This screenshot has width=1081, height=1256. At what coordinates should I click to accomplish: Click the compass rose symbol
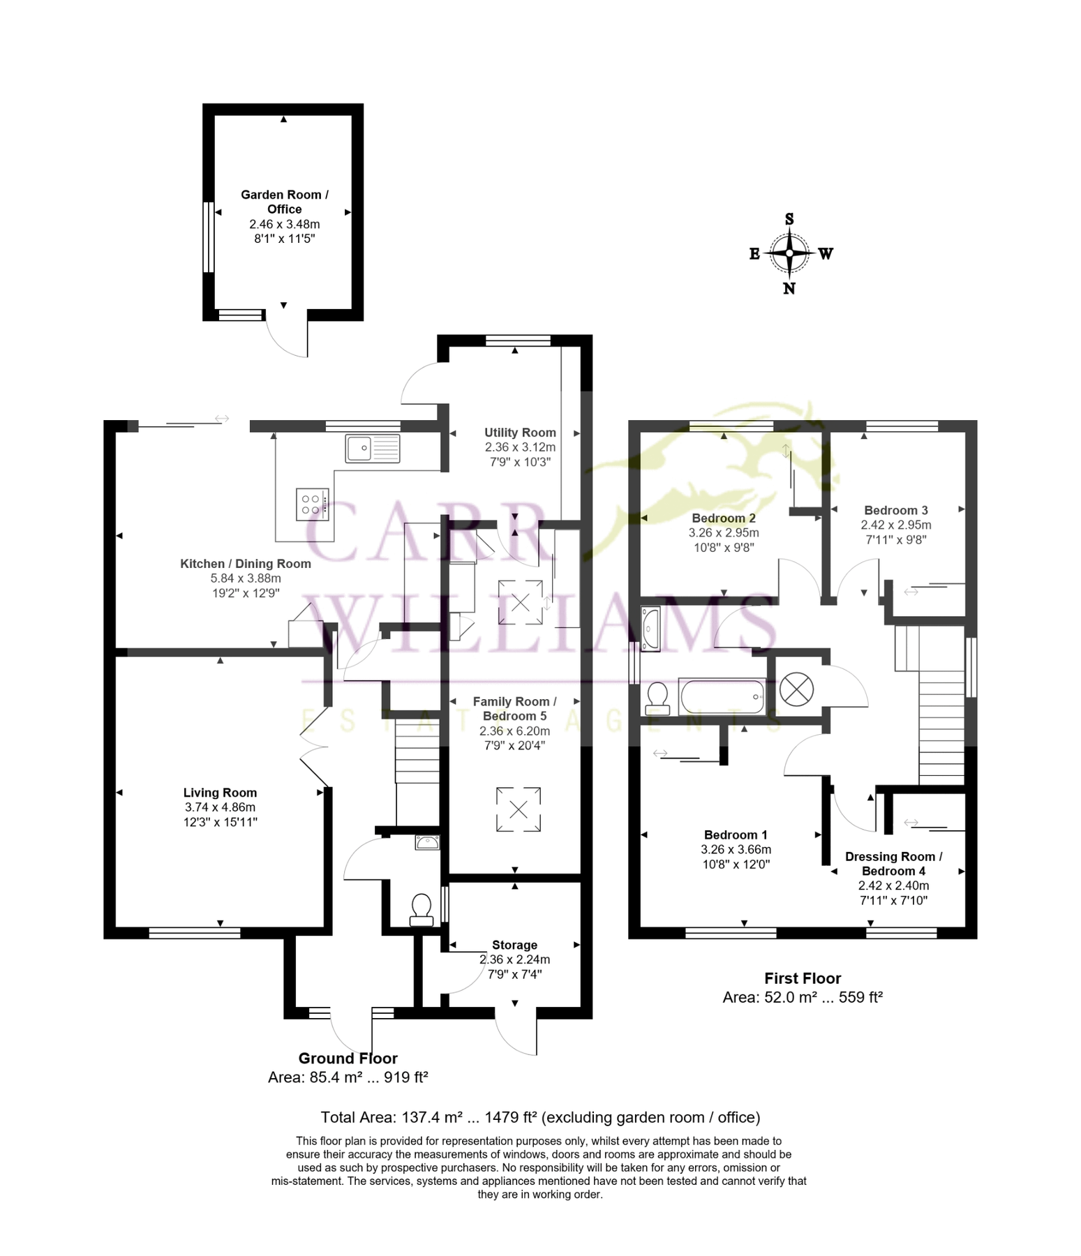click(789, 253)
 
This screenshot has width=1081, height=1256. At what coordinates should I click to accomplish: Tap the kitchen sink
click(373, 448)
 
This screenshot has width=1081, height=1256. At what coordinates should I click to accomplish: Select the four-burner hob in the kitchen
click(311, 504)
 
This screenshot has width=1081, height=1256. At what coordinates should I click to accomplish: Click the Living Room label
click(220, 793)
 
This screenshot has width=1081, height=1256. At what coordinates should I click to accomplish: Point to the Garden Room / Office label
click(284, 202)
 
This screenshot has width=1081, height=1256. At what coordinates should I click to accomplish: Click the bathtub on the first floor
click(722, 696)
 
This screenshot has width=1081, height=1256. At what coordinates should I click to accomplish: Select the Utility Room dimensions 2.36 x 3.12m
click(520, 447)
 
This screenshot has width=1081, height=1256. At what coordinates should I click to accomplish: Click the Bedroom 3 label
click(895, 510)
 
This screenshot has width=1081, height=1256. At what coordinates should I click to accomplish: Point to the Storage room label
click(514, 945)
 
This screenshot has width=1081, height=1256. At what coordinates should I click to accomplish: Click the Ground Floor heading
click(348, 1058)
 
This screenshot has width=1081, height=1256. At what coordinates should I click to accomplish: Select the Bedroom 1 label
click(736, 835)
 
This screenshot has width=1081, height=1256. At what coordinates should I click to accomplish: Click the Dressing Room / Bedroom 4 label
click(893, 863)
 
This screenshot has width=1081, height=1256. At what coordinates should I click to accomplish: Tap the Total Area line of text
click(539, 1117)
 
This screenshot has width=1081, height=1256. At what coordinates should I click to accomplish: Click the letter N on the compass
click(789, 288)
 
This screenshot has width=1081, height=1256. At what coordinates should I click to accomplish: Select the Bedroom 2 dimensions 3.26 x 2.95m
click(724, 532)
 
